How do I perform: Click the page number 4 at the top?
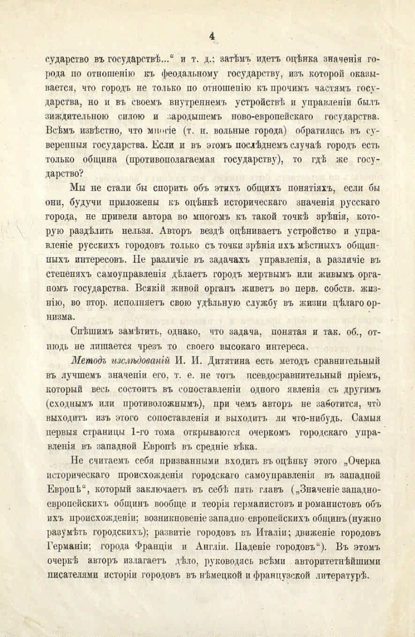pos(211,36)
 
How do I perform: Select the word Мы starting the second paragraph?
pos(78,188)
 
